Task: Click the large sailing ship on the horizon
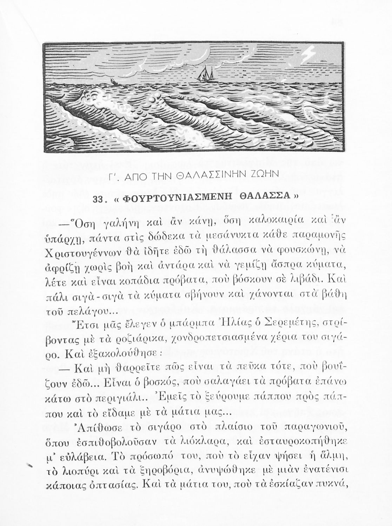[x=203, y=74]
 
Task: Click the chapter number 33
[x=100, y=200]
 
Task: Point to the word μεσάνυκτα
[x=230, y=240]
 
